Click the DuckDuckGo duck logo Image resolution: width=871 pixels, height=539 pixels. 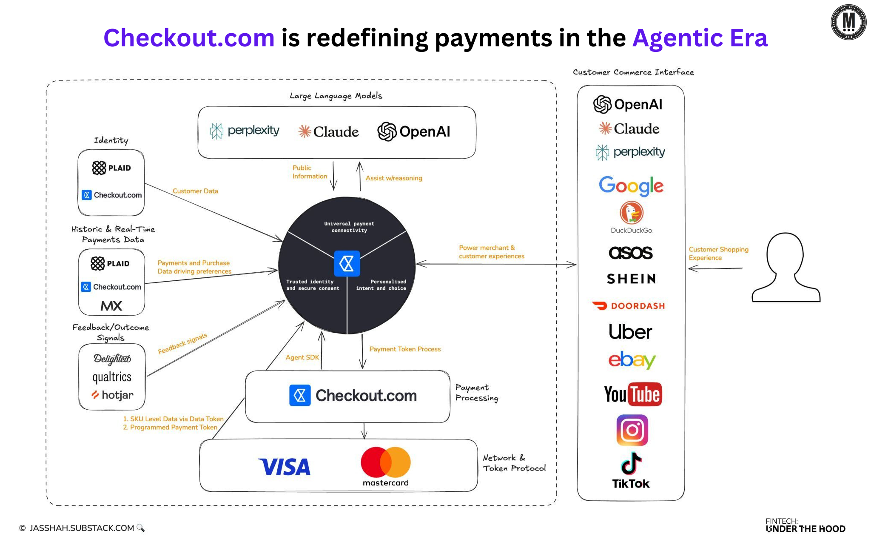[631, 213]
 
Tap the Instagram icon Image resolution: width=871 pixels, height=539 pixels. [632, 430]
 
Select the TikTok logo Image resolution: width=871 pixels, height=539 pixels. [631, 470]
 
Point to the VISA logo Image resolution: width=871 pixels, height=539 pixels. [284, 467]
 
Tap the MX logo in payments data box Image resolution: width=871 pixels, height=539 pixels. [111, 305]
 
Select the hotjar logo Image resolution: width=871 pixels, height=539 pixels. [113, 395]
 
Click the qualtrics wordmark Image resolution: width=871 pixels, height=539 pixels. [112, 377]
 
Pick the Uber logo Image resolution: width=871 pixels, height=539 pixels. [630, 332]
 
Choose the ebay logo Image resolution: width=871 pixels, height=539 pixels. [632, 360]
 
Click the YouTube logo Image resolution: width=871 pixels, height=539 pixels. [633, 394]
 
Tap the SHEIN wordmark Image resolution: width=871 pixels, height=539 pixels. [631, 279]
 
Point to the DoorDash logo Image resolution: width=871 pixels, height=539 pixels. [629, 305]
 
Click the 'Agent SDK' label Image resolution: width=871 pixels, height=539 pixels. [302, 357]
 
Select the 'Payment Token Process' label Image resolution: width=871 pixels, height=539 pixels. [405, 349]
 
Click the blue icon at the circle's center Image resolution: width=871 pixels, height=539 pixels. [347, 264]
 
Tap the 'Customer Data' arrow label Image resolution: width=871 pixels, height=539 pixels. [195, 191]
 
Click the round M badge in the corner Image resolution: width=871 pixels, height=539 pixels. [848, 22]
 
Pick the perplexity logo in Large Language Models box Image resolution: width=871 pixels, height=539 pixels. [245, 131]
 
